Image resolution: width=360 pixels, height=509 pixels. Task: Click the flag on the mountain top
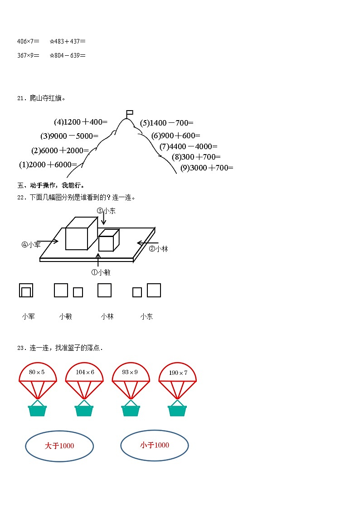click(129, 112)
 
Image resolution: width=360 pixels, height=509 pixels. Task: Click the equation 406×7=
click(28, 41)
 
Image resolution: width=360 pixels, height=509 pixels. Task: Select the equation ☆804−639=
click(68, 55)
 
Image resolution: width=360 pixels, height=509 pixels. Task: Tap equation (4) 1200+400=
click(81, 122)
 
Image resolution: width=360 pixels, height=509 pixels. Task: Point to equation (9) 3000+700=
click(207, 168)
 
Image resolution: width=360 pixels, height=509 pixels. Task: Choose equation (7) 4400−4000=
click(189, 146)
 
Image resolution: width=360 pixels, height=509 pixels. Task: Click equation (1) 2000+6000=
click(48, 165)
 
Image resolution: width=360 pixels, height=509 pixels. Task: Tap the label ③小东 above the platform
click(106, 211)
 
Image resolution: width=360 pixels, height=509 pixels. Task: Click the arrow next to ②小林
click(146, 243)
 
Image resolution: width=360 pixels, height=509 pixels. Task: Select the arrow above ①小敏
click(98, 260)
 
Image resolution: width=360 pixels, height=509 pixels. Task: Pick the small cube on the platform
click(107, 241)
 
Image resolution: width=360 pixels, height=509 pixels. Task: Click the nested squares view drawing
click(26, 291)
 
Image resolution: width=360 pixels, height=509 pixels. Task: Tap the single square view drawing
click(104, 290)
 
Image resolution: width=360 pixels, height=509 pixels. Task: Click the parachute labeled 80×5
click(38, 373)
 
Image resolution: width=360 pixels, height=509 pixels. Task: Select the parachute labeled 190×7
click(177, 373)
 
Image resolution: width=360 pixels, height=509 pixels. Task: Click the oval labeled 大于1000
click(59, 446)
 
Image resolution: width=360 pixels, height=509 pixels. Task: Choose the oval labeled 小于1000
click(155, 446)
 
